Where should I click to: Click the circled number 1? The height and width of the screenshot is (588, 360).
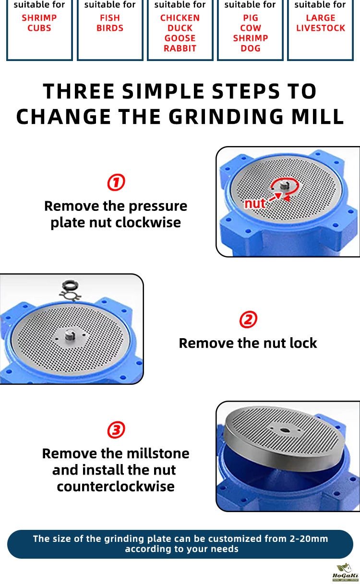[x=116, y=182]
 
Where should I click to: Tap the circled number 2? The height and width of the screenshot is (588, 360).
[x=248, y=319]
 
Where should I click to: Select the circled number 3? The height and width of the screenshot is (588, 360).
[x=116, y=430]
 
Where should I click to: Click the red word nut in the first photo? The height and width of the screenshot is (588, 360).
[x=254, y=203]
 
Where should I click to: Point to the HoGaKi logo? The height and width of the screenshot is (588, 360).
[x=345, y=573]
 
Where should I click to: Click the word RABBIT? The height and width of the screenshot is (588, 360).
[x=180, y=49]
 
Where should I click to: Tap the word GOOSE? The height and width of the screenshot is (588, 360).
[x=180, y=38]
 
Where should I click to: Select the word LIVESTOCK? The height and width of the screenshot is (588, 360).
[x=321, y=28]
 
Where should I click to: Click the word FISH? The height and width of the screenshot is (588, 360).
[x=110, y=18]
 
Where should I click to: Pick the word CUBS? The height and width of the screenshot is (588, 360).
[x=39, y=28]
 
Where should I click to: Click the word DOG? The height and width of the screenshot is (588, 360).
[x=251, y=49]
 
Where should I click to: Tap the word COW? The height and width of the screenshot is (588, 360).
[x=251, y=28]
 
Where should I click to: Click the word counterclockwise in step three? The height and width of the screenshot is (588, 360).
[x=116, y=487]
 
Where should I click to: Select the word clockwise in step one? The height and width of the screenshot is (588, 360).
[x=148, y=222]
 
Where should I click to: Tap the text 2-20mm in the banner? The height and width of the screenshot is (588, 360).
[x=309, y=539]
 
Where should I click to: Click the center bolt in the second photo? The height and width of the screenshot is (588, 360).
[x=70, y=335]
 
